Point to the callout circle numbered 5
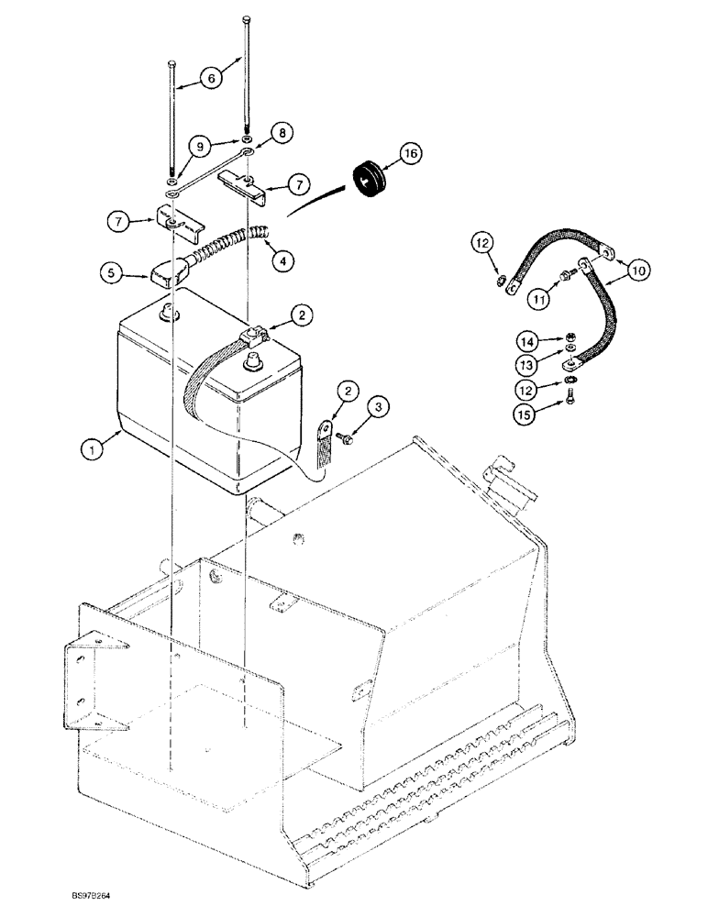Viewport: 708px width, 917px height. coord(112,271)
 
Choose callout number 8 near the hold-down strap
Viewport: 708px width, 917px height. coord(282,132)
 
